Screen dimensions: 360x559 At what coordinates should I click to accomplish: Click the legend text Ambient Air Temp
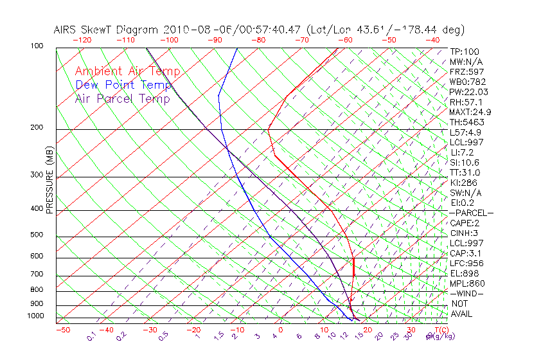point(127,71)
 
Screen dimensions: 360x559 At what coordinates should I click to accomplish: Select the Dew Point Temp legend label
point(123,85)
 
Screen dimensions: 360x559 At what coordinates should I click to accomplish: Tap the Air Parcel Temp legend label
point(122,98)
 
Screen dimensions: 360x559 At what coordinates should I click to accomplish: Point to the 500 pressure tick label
point(37,235)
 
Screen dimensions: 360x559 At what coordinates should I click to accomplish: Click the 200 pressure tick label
point(37,128)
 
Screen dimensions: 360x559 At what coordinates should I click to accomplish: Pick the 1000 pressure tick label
point(35,316)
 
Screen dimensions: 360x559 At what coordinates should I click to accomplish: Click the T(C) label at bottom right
point(439,330)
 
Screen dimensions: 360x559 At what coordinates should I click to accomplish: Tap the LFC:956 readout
point(467,264)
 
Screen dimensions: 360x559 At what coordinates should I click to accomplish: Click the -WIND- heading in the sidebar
point(466,293)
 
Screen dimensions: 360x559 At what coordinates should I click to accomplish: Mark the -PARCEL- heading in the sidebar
point(471,213)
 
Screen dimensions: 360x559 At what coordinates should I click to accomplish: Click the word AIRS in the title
point(67,30)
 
